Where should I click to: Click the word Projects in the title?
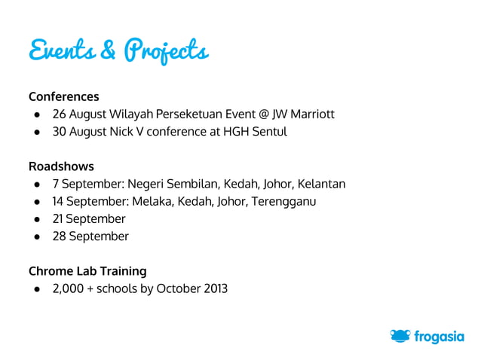tap(166, 52)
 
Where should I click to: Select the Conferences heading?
tap(64, 96)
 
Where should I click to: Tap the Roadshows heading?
tap(61, 166)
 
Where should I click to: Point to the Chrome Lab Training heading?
tap(87, 270)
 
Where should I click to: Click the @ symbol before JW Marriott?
tap(264, 114)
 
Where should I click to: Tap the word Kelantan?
tap(321, 184)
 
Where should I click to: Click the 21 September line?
tap(88, 218)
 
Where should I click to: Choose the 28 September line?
tap(90, 236)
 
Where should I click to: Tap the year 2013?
tap(213, 288)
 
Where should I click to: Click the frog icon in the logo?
tap(400, 336)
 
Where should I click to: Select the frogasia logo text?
tap(439, 337)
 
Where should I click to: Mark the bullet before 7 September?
tap(35, 185)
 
